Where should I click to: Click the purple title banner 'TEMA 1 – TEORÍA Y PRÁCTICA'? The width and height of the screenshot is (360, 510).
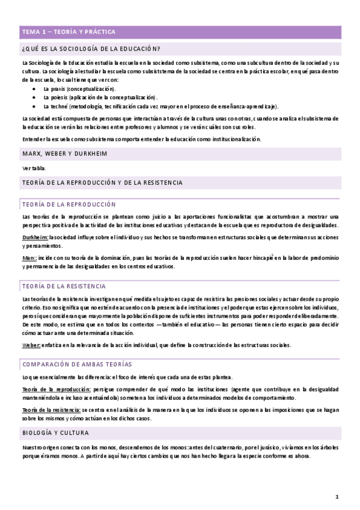point(69,31)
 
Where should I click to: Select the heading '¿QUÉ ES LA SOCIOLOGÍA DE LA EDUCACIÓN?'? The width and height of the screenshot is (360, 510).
point(95,49)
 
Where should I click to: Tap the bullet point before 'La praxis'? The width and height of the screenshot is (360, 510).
point(35,88)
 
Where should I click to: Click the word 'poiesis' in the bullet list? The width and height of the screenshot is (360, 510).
point(58,96)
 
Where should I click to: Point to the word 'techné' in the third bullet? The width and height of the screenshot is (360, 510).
point(58,105)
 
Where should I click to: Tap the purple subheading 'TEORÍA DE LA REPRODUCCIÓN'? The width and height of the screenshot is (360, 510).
point(69,204)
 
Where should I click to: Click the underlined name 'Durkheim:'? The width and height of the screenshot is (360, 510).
point(34,236)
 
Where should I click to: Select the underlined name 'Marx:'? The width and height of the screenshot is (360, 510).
point(29,257)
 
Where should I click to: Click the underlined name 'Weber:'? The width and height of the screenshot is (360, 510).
point(31,345)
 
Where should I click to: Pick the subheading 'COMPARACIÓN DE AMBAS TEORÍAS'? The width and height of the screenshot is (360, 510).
point(77,364)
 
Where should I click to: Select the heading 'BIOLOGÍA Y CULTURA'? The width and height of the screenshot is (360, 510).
point(55,432)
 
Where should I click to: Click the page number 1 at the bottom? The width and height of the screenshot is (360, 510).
point(337,497)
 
